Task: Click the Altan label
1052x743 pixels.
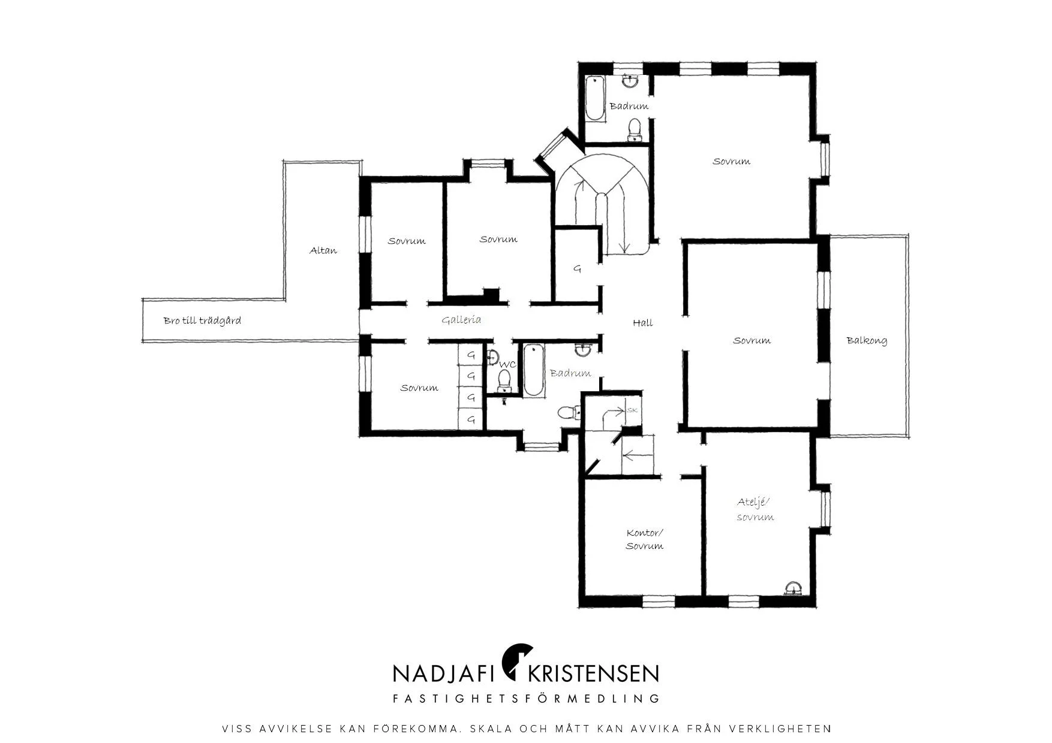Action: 323,250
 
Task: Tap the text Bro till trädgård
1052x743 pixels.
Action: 202,321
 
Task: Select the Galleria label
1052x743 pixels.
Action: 461,320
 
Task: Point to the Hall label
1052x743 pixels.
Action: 643,323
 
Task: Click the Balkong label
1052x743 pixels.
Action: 867,340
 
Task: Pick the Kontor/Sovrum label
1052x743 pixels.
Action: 645,539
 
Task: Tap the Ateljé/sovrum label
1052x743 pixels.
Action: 755,509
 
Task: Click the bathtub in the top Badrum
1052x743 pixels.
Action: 594,98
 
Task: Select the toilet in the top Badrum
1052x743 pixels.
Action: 634,130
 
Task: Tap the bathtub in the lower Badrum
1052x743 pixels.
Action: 533,370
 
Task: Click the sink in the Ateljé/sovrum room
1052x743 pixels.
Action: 793,588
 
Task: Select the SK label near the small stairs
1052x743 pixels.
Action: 632,410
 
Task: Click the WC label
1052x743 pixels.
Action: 507,364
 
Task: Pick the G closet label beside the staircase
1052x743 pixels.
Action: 577,269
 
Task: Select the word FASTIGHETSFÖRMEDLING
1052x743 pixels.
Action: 526,699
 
